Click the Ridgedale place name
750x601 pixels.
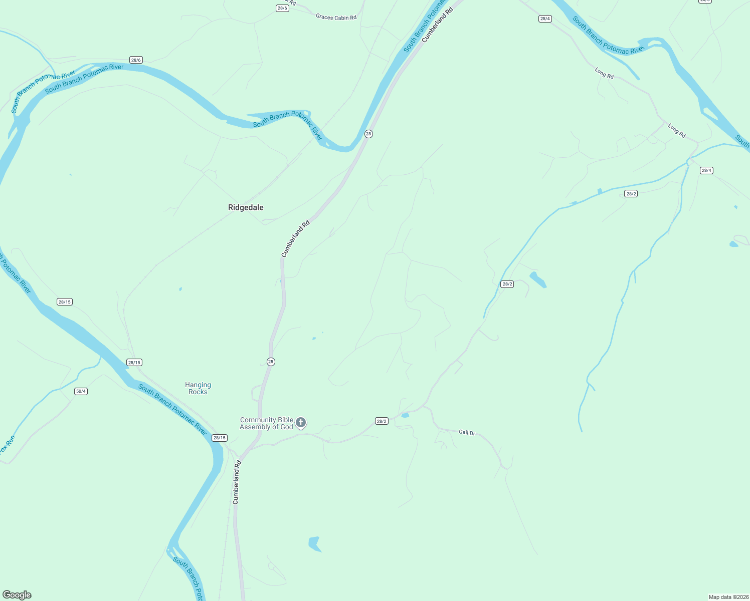[246, 207]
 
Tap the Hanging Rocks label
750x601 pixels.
[198, 388]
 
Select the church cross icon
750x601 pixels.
[301, 423]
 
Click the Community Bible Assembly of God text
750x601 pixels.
[266, 424]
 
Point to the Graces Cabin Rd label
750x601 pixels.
[336, 17]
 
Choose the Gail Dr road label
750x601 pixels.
[467, 432]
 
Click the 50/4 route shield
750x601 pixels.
[81, 391]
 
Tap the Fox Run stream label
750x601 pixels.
[8, 445]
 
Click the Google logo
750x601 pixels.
[17, 595]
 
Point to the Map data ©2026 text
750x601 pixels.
[728, 597]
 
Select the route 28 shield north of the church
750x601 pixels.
[271, 362]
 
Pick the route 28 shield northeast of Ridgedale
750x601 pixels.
[368, 134]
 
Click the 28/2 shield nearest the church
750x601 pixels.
[382, 421]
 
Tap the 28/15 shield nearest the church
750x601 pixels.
[220, 438]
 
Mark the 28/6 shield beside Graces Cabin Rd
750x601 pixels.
[282, 8]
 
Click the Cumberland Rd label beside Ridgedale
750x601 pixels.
[296, 238]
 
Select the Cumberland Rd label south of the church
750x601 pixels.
[237, 482]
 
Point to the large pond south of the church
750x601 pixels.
[315, 543]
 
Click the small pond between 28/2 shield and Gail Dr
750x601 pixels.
[405, 415]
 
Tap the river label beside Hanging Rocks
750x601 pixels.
[172, 409]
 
